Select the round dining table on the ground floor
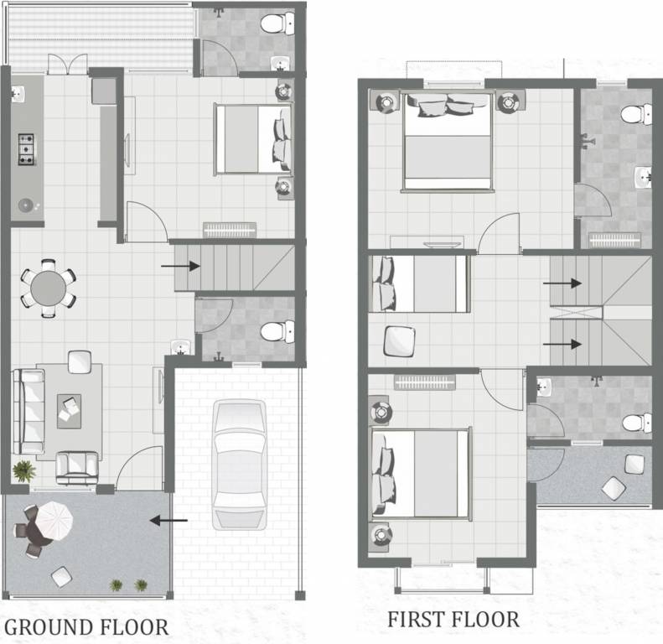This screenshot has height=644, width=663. (48, 288)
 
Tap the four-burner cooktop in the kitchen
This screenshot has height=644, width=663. (27, 148)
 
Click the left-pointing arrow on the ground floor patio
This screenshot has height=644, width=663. (168, 521)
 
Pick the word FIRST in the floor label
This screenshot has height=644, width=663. (416, 621)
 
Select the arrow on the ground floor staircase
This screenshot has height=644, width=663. (179, 267)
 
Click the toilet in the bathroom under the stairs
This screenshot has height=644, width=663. (273, 331)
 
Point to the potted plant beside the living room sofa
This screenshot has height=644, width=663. (24, 470)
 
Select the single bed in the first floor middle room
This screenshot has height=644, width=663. (419, 283)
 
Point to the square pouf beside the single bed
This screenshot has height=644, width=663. (399, 340)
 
